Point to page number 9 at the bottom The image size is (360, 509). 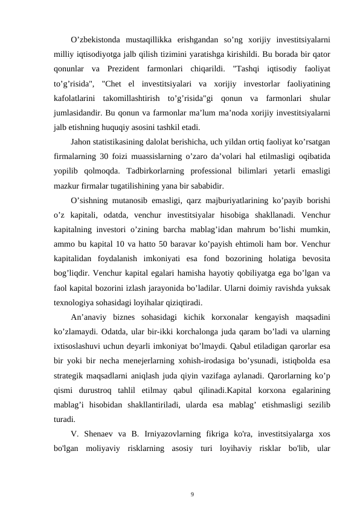coord(192,478)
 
